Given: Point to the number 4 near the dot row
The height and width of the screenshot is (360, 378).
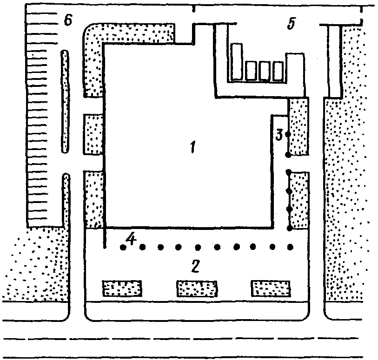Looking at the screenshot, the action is click(132, 240).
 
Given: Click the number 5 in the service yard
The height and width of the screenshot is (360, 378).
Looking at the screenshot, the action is click(291, 24).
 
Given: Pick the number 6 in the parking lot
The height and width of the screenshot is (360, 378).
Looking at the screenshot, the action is click(68, 21).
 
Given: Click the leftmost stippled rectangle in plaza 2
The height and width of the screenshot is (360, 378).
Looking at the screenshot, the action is click(122, 288).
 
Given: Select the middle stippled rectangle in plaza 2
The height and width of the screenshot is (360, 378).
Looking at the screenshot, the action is click(196, 288).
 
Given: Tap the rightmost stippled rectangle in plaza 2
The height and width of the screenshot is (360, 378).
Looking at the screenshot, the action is click(271, 288).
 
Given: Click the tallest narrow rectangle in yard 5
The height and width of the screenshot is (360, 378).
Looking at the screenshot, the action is click(237, 60).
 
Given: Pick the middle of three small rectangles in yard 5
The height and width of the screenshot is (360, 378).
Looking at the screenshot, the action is click(265, 71).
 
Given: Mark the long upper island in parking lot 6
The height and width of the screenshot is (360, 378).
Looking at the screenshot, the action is click(65, 102).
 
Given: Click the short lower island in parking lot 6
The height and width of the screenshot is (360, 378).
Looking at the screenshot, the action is click(66, 200).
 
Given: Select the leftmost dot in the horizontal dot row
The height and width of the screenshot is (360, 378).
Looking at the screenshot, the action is click(123, 248).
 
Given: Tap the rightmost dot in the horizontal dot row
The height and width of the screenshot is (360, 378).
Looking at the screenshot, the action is click(291, 247).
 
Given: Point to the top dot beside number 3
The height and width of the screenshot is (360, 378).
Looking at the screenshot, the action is click(288, 135).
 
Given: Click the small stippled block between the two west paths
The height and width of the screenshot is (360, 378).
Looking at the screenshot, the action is click(93, 134).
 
